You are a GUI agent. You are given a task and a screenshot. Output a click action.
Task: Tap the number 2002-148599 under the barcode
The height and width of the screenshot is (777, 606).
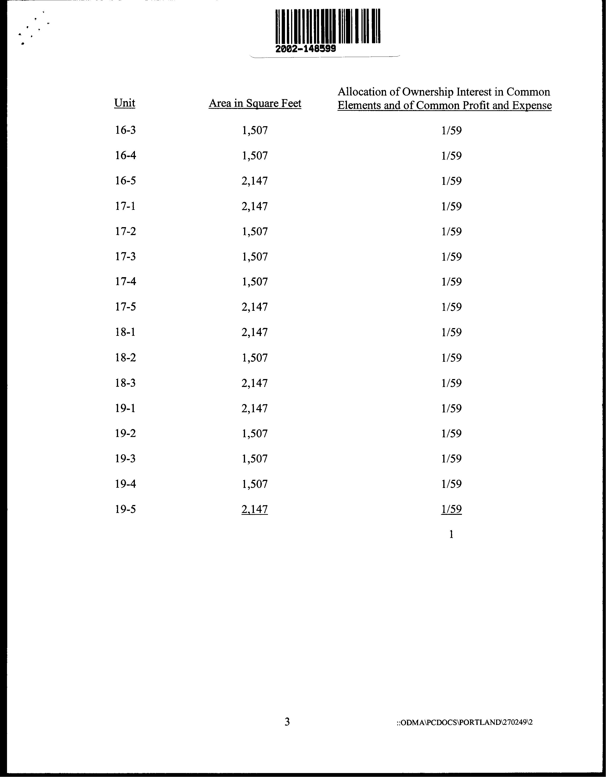306,49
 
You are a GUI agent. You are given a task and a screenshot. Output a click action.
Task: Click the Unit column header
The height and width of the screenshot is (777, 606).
125,103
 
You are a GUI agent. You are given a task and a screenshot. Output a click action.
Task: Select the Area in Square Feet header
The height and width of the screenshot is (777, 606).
255,104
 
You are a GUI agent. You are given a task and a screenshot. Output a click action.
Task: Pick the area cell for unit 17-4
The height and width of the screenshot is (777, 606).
254,282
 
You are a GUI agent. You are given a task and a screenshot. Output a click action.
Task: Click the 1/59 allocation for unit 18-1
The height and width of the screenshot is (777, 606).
451,332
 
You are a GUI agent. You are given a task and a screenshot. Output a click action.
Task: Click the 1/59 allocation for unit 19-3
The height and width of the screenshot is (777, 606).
451,458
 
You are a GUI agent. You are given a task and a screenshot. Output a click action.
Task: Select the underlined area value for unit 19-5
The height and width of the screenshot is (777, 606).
254,509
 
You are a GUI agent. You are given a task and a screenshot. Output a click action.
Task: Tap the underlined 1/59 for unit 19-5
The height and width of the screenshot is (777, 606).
451,509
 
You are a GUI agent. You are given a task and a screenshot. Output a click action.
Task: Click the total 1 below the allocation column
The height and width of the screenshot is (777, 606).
451,534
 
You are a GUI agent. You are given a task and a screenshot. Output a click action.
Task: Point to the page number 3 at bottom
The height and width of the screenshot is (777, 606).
287,722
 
